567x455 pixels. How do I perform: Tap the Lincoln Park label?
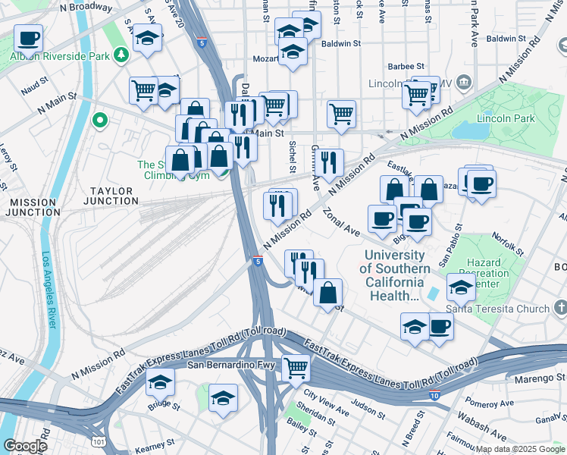[x=506, y=118]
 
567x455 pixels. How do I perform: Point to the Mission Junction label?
[x=31, y=208]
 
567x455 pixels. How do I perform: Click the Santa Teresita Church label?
[x=497, y=309]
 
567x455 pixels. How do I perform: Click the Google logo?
[x=25, y=446]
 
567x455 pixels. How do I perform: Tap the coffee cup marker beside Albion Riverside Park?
[x=28, y=37]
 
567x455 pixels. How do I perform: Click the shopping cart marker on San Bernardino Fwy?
[x=296, y=369]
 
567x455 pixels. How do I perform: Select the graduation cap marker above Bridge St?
[x=160, y=384]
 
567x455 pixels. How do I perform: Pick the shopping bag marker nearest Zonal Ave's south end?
[x=327, y=293]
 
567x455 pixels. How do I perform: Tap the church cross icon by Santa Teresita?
[x=560, y=307]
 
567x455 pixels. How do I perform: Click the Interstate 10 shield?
[x=434, y=396]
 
